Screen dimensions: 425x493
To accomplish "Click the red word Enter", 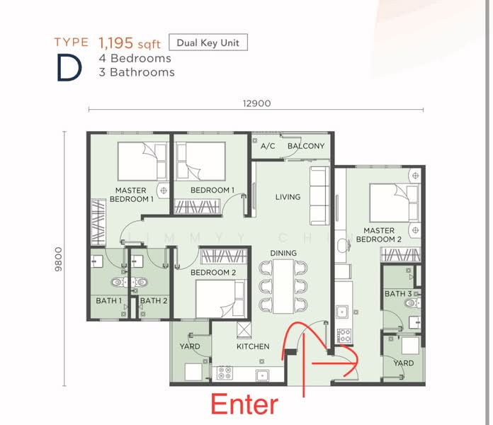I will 245,404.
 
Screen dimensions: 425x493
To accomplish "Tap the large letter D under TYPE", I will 67,68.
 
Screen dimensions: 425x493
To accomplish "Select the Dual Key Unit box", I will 208,42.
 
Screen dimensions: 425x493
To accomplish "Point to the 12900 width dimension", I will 256,103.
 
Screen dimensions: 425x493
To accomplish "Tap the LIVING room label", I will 288,197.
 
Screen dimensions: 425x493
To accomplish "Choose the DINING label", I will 283,253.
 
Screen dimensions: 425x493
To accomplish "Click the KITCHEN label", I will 253,346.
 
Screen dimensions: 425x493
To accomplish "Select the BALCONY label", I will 306,147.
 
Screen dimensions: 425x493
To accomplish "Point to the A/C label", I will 268,147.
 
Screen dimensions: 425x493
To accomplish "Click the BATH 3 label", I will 398,294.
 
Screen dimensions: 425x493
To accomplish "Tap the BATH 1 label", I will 109,301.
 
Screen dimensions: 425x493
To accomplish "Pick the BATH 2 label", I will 152,301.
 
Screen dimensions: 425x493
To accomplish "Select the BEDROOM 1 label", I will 212,190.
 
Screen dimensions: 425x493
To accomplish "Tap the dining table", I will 283,285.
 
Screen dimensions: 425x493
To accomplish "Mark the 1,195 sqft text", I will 130,42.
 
